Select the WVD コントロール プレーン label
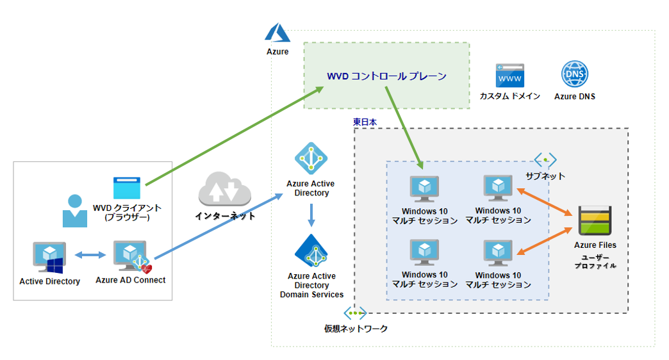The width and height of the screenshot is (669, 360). (386, 76)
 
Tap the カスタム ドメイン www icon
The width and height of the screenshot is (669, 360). (509, 76)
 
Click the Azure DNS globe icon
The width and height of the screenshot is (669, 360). (574, 74)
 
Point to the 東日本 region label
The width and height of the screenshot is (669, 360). (365, 121)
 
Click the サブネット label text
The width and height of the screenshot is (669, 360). (545, 176)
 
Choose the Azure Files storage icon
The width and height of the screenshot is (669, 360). (595, 222)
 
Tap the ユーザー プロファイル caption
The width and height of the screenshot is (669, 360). (595, 261)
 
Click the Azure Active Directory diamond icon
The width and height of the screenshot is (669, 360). (311, 158)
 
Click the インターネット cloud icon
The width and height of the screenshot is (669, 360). (225, 189)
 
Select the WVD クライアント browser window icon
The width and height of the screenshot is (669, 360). (127, 188)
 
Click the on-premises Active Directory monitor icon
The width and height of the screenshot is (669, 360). (49, 258)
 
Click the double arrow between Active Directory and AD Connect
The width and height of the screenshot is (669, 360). (90, 256)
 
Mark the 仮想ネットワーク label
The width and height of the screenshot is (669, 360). (356, 329)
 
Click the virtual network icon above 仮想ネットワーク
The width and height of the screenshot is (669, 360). (355, 313)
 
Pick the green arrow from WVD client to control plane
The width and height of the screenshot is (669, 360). (235, 136)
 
